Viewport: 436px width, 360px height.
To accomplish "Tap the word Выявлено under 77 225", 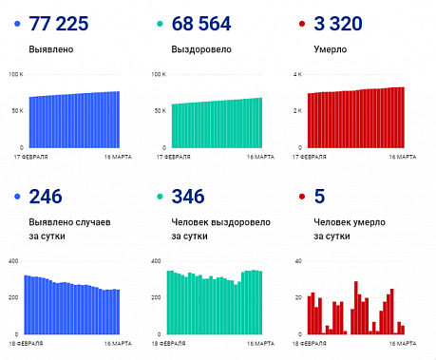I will tap(51, 47).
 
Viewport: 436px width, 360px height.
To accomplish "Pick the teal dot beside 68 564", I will tap(158, 24).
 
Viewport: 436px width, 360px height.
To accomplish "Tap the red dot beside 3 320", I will tap(302, 24).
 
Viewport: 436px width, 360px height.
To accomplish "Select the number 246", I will tap(46, 197).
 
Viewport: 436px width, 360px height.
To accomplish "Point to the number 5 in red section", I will tap(319, 197).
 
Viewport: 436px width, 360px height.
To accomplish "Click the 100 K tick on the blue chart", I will tap(13, 74).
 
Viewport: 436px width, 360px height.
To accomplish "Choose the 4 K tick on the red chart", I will tap(297, 74).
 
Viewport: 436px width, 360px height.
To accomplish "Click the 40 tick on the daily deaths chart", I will tap(298, 260).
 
